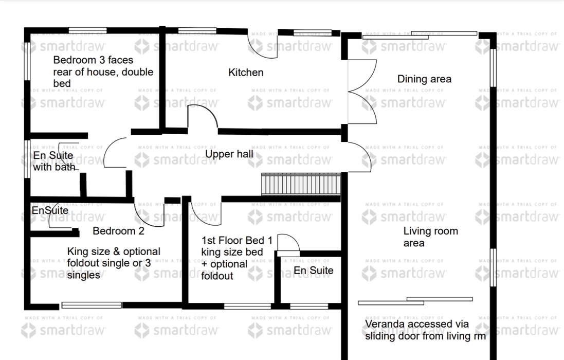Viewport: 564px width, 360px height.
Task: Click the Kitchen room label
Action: point(246,73)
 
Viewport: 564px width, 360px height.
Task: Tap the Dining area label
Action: point(424,79)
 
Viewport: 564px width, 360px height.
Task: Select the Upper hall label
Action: point(229,154)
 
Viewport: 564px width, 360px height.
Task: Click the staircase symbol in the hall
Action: point(301,184)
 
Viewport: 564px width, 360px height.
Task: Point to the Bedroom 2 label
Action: point(118,231)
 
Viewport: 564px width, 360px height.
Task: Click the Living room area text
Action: point(430,237)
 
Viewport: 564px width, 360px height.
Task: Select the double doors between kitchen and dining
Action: point(362,92)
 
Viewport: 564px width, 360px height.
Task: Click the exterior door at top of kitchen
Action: point(263,45)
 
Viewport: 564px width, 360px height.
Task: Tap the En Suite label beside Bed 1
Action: point(313,271)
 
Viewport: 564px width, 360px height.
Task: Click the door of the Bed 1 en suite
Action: point(288,245)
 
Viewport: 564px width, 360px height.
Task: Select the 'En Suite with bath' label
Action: point(54,161)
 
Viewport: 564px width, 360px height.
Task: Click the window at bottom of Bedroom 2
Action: point(92,305)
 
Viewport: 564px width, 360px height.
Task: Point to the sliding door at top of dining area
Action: point(420,35)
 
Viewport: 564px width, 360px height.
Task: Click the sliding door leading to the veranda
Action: point(415,301)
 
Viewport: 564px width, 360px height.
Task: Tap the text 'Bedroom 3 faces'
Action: point(93,60)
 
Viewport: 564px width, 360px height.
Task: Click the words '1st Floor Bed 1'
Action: point(236,240)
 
